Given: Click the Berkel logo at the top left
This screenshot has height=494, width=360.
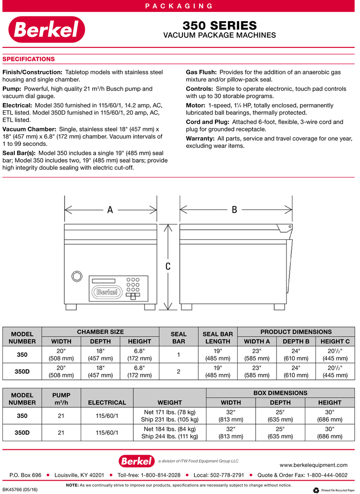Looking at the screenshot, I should click(x=46, y=30).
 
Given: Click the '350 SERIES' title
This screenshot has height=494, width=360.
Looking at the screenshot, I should click(x=219, y=25).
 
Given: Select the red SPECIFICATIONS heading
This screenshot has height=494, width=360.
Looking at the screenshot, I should click(x=29, y=59).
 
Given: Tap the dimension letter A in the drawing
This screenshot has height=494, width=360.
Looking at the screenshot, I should click(x=110, y=210).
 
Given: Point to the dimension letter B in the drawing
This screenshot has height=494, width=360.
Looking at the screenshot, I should click(x=234, y=210).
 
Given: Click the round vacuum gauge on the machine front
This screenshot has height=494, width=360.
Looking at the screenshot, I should click(x=76, y=276).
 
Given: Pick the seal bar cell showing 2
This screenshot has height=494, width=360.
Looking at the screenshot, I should click(x=179, y=371).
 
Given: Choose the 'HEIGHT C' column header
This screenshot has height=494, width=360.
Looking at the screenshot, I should click(x=335, y=341).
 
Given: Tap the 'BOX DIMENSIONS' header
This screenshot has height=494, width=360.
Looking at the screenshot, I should click(x=280, y=393).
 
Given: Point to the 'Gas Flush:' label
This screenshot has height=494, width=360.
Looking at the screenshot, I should click(x=201, y=72).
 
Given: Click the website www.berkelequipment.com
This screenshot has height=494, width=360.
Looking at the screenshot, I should click(x=313, y=465).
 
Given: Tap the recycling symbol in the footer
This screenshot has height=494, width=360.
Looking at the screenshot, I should click(x=315, y=490).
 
